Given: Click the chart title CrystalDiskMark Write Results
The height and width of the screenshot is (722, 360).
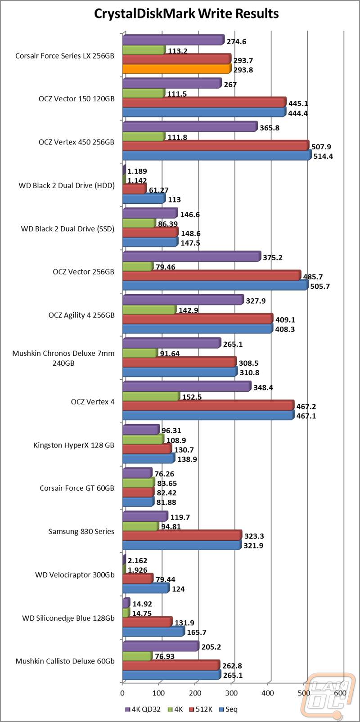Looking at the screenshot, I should [x=186, y=14].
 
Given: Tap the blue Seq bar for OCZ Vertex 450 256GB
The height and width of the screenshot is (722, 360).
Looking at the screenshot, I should [x=216, y=156].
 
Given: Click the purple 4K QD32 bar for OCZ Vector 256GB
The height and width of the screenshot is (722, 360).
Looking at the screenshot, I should [x=191, y=257].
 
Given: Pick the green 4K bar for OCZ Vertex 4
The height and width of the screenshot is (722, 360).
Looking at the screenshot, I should [x=151, y=397].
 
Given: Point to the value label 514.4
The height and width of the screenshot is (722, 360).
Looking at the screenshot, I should [x=323, y=157].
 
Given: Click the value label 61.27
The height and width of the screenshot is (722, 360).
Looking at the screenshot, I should [x=158, y=190].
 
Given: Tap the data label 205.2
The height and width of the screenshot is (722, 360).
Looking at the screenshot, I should [x=212, y=647].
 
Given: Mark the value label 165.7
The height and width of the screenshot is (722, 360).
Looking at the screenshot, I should [x=197, y=632].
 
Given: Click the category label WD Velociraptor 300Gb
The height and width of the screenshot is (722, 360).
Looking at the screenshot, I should [x=75, y=575].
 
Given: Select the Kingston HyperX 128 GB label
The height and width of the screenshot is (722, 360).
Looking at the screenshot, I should [x=74, y=445].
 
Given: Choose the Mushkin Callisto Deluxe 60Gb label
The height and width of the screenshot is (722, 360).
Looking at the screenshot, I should [x=65, y=661].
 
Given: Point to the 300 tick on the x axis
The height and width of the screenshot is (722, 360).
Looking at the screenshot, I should [x=232, y=693].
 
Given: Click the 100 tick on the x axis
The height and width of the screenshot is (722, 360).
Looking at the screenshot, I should [x=159, y=693].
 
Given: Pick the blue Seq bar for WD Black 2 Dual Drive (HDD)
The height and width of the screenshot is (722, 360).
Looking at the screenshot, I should [x=144, y=199].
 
